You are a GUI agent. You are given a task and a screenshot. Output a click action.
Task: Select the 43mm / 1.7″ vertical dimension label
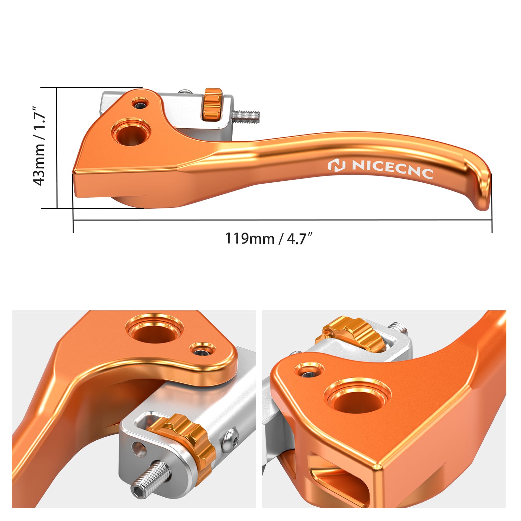click(39, 146)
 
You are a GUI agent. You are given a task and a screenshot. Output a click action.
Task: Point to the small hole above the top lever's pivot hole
click(140, 104)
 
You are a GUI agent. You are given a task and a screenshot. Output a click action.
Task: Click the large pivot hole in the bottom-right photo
click(358, 399)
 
